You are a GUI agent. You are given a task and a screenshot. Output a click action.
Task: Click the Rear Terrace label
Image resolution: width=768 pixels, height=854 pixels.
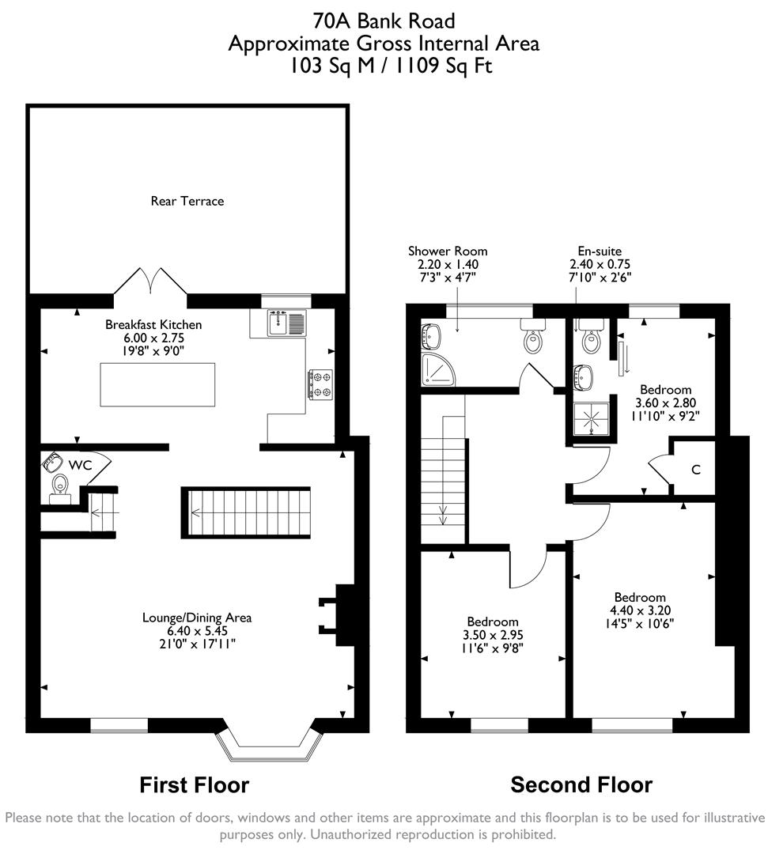point(187,201)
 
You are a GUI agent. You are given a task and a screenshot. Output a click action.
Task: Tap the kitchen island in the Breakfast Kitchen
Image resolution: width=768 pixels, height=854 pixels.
point(157,384)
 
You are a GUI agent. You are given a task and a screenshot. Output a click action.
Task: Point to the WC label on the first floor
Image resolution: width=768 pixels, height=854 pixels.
point(81,465)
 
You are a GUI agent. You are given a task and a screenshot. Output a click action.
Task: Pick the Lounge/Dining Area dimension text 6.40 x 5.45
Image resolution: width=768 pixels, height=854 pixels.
point(198,631)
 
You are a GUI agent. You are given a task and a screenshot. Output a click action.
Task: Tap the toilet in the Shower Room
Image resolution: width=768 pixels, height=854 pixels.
point(534,338)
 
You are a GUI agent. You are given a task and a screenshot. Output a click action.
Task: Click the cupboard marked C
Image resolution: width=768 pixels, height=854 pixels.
point(695,470)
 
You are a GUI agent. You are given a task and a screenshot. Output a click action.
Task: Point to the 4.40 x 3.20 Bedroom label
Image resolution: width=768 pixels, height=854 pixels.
point(640,610)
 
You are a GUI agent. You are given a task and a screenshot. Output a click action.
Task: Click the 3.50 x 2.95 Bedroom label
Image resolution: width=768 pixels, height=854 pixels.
point(493,634)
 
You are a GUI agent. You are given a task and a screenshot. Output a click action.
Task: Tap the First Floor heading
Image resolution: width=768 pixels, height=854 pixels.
point(194,784)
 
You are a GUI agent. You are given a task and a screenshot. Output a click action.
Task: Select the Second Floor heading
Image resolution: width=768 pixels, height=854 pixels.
point(581,784)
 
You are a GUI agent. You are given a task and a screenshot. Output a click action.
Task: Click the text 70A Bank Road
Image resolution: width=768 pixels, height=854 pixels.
point(384,20)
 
